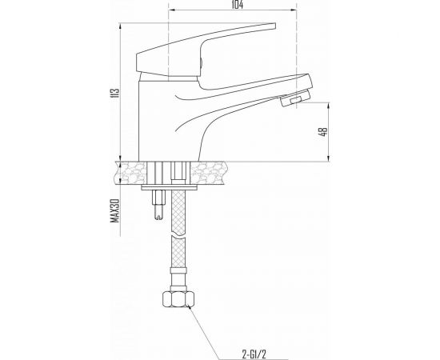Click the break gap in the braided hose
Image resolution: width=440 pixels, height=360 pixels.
176,226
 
